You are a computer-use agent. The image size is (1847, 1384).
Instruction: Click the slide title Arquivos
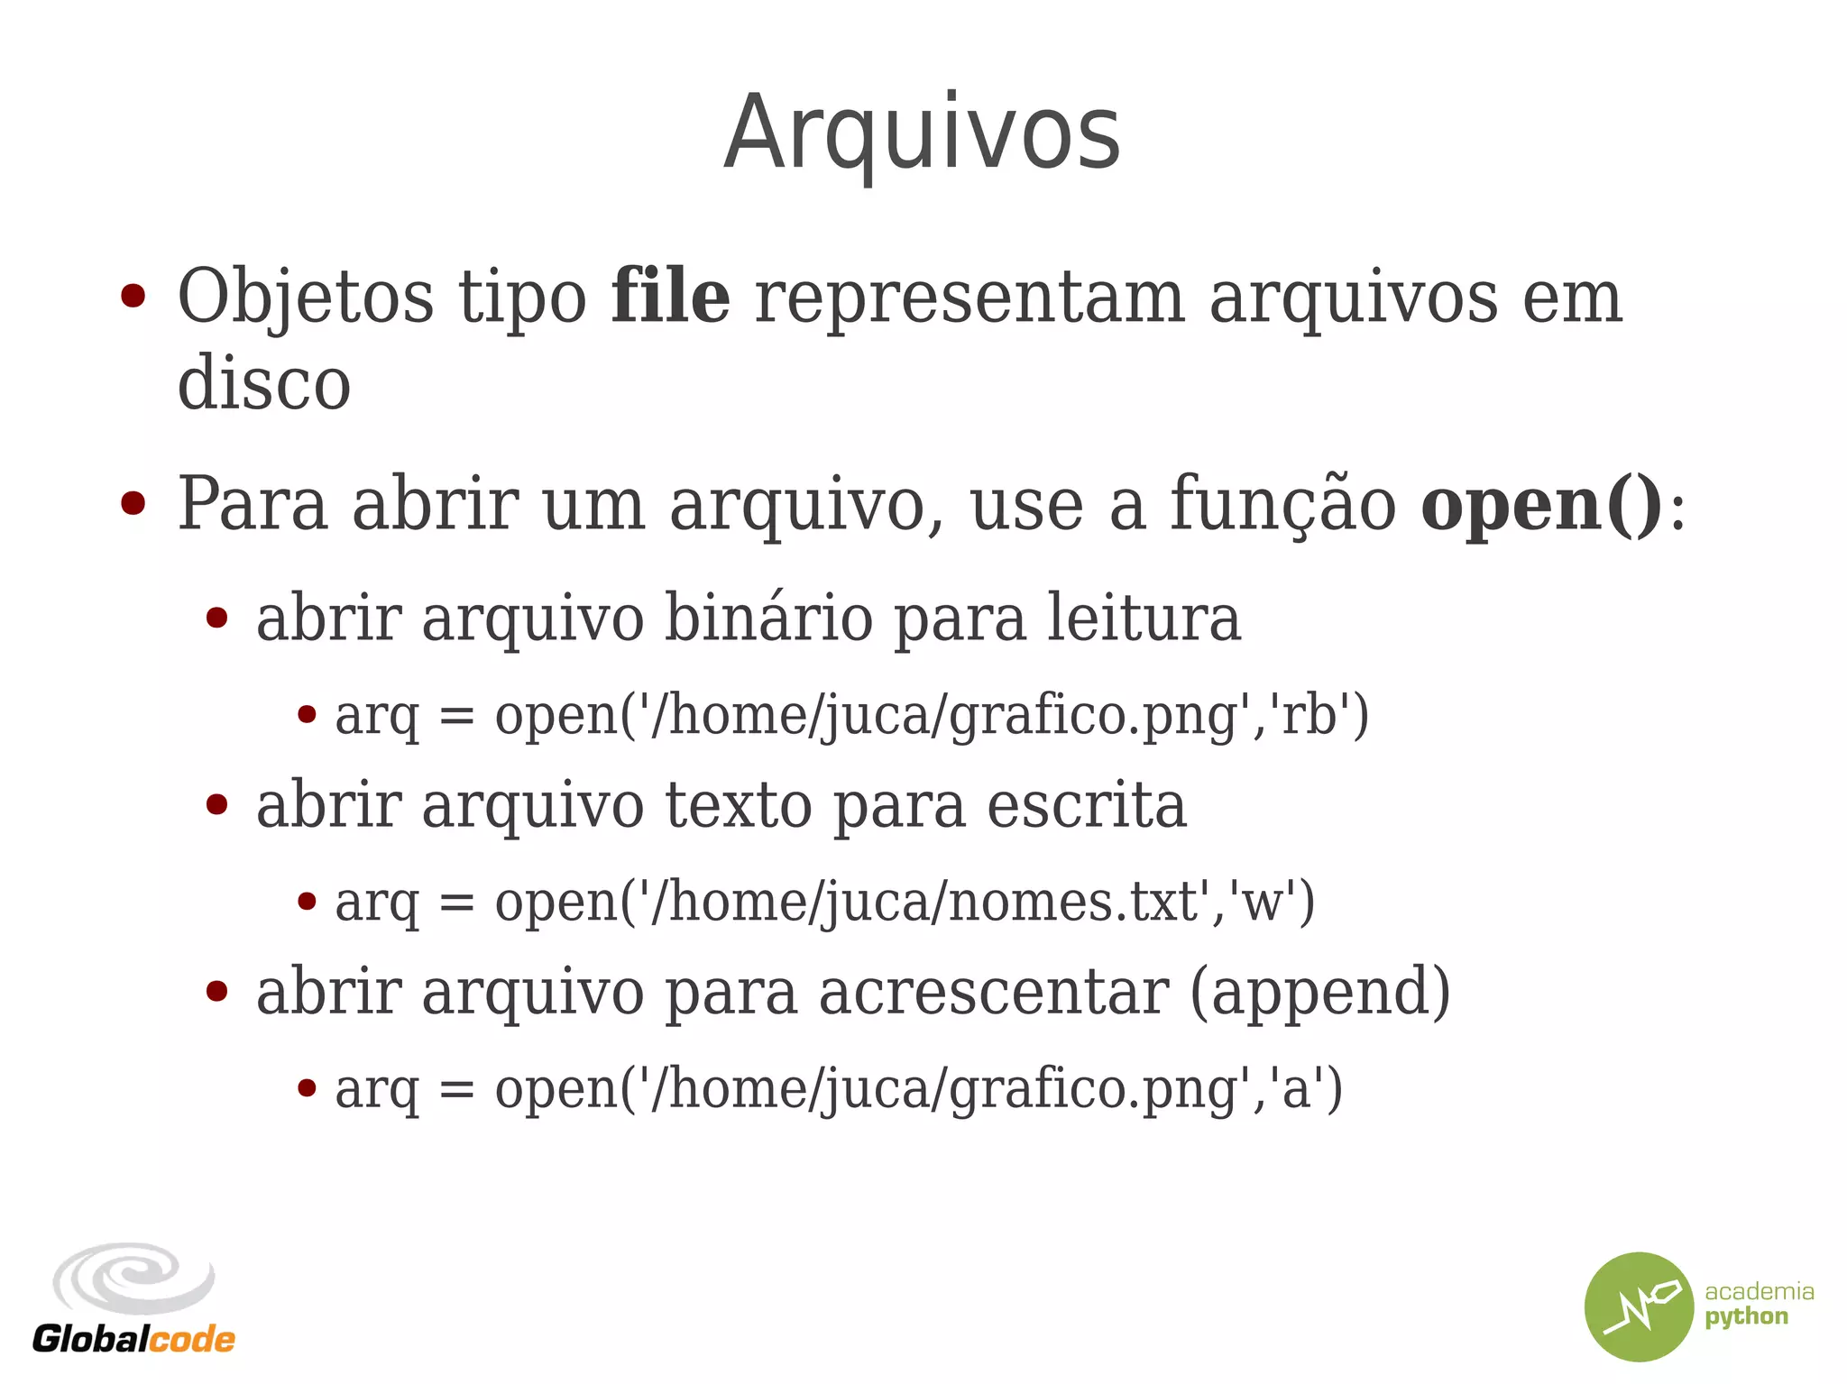click(922, 133)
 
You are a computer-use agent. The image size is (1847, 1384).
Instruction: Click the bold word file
click(670, 298)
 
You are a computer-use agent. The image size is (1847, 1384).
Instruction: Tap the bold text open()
click(1541, 505)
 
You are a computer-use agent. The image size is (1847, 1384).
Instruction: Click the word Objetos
click(306, 298)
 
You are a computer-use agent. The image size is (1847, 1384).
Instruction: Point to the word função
click(1282, 505)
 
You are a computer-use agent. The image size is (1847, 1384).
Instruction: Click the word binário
click(768, 619)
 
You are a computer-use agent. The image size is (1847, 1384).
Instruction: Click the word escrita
click(1086, 805)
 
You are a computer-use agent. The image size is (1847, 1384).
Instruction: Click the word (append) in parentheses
click(1320, 992)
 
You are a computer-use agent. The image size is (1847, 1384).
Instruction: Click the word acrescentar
click(993, 992)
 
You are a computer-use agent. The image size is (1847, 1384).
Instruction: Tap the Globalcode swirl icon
click(133, 1279)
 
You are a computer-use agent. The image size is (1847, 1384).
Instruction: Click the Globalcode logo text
click(133, 1339)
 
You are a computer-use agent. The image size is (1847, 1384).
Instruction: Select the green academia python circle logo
click(1639, 1306)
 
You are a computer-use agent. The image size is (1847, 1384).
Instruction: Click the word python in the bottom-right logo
click(1746, 1317)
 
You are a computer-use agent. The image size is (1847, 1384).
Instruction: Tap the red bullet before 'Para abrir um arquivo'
click(133, 504)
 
